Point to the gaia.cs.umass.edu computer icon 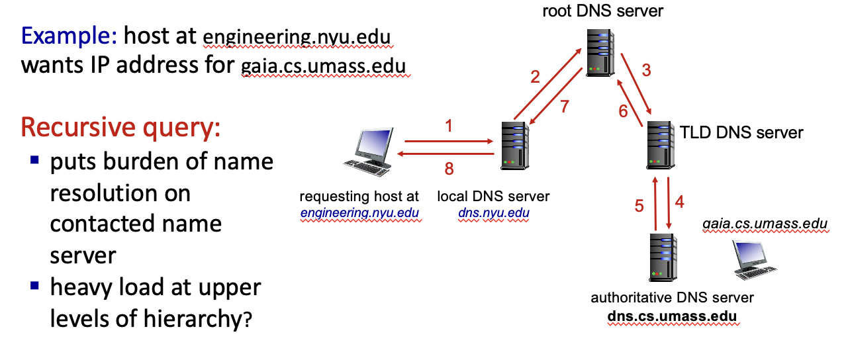(752, 259)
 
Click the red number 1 (449, 125)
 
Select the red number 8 (449, 169)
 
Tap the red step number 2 (535, 77)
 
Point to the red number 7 (564, 107)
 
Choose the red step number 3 (647, 70)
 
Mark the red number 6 (623, 111)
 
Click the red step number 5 (639, 206)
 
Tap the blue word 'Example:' (69, 35)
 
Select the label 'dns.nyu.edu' (493, 213)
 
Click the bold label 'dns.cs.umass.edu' (672, 316)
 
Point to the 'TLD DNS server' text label (741, 132)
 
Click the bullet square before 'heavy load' (35, 287)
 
